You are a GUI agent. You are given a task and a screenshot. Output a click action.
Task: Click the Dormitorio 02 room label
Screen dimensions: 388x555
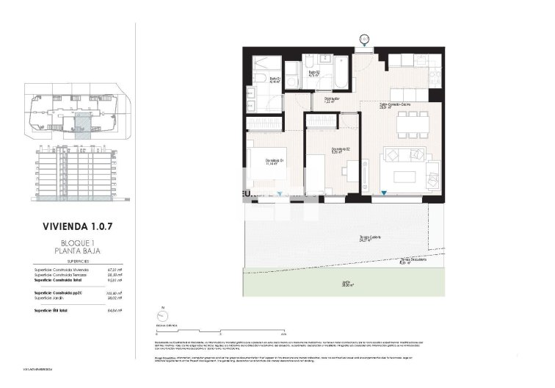(x=339, y=150)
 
